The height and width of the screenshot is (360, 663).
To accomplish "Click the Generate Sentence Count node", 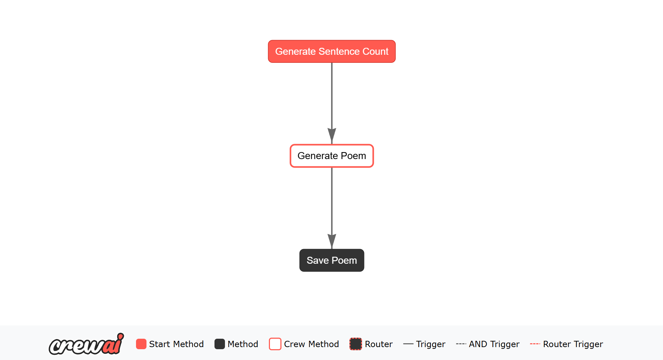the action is pyautogui.click(x=332, y=51).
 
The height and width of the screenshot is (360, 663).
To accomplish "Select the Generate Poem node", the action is pyautogui.click(x=332, y=156).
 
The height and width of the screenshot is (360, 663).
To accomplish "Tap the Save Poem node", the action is pyautogui.click(x=332, y=260).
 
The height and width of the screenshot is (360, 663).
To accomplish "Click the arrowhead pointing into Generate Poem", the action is pyautogui.click(x=332, y=136).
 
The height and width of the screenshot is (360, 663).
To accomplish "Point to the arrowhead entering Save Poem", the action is pyautogui.click(x=332, y=241).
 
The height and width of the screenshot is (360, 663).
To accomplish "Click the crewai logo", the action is pyautogui.click(x=86, y=344).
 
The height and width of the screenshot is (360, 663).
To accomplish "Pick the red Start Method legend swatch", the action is pyautogui.click(x=141, y=344).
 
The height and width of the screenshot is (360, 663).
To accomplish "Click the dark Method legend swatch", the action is pyautogui.click(x=220, y=344).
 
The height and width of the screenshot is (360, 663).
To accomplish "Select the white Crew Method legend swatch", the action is pyautogui.click(x=275, y=344).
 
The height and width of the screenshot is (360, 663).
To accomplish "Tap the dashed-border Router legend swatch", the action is pyautogui.click(x=356, y=344).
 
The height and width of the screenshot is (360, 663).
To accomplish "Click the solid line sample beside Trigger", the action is pyautogui.click(x=408, y=344).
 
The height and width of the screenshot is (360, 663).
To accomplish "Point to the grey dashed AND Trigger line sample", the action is pyautogui.click(x=461, y=344).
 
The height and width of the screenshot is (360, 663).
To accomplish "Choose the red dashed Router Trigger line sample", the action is pyautogui.click(x=535, y=344).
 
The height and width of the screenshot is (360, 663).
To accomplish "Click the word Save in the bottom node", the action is pyautogui.click(x=318, y=261).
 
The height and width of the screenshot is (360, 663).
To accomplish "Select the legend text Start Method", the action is pyautogui.click(x=176, y=344).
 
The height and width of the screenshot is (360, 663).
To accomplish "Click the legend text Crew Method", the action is pyautogui.click(x=311, y=344).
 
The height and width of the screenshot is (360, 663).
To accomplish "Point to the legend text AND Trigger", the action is pyautogui.click(x=494, y=344).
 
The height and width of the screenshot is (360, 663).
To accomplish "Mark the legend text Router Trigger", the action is pyautogui.click(x=573, y=344).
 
